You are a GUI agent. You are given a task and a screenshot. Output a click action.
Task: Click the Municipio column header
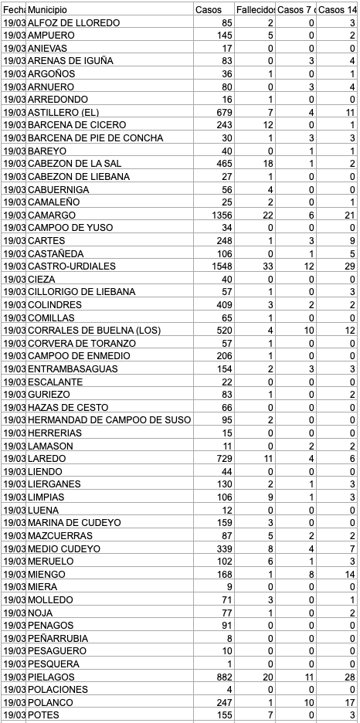(46, 9)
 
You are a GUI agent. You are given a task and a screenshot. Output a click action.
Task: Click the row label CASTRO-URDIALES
(71, 266)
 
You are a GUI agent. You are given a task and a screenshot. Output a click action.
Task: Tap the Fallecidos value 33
(263, 266)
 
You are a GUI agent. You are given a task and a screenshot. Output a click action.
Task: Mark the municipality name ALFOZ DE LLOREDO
(73, 23)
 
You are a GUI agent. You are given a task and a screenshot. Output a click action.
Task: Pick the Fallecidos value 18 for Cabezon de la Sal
(263, 164)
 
